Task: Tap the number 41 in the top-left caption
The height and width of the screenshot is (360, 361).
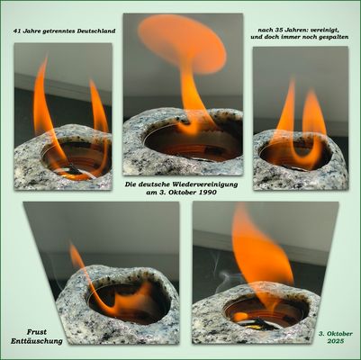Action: click(16, 31)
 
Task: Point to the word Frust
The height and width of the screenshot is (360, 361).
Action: click(37, 332)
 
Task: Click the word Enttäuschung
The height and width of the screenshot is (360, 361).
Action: click(37, 341)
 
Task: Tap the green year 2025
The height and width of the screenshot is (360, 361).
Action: click(336, 341)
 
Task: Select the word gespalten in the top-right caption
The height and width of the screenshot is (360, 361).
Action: click(334, 38)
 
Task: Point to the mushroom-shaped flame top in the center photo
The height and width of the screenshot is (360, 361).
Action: click(182, 42)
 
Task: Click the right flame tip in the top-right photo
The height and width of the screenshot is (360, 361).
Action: click(312, 93)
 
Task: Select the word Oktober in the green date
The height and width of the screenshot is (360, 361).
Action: click(339, 334)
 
